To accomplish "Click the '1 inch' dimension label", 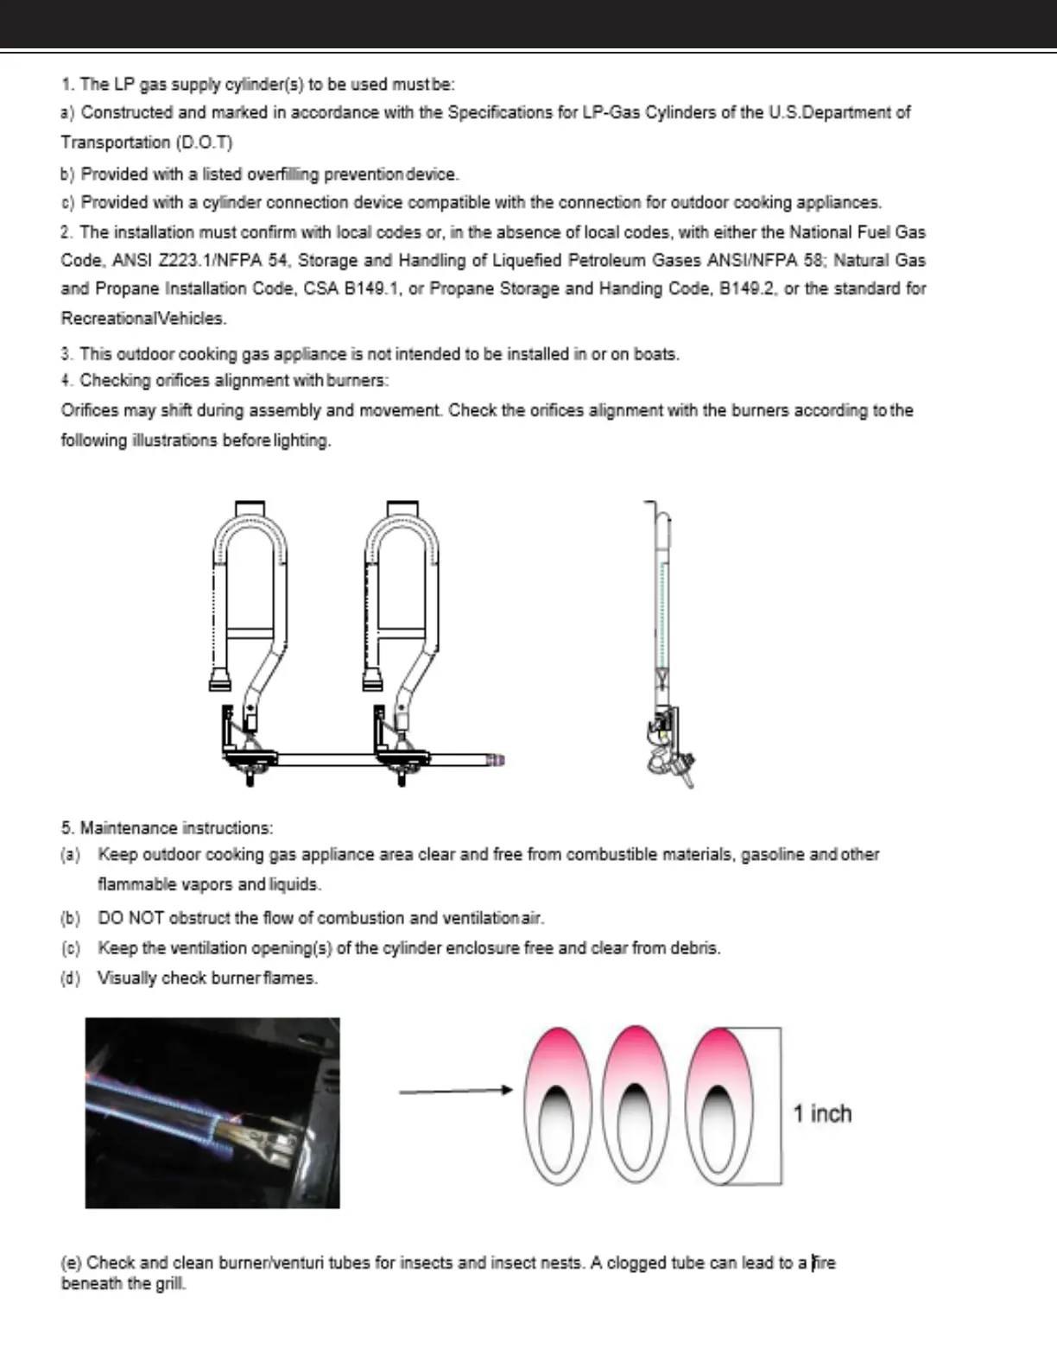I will point(822,1114).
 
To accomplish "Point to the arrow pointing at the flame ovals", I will point(455,1091).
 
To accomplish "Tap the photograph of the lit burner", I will point(212,1112).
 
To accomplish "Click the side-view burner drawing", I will point(664,643).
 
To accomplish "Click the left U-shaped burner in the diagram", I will point(250,596).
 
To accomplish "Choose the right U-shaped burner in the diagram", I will point(403,596).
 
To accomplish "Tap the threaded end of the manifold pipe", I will point(495,760).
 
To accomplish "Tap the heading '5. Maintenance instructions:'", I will point(167,828).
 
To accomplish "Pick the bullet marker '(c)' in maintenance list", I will point(70,948).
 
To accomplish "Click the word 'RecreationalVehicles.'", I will point(143,319).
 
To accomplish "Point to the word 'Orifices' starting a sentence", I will point(89,410).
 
